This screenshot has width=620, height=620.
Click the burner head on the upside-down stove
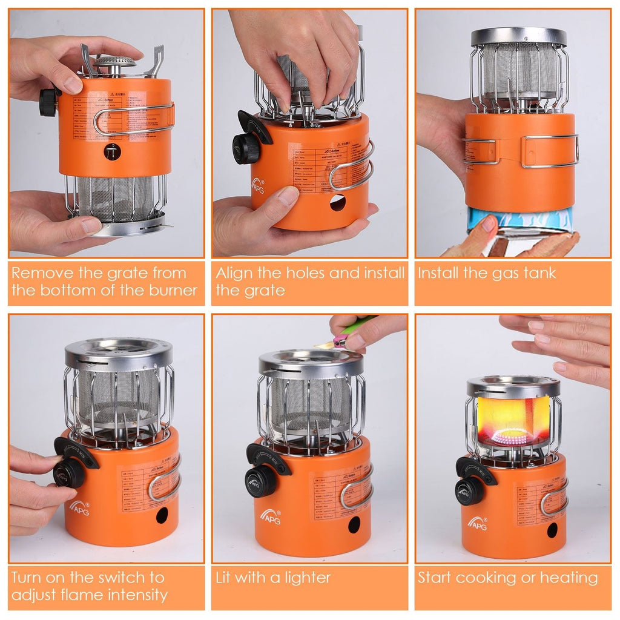(x=114, y=63)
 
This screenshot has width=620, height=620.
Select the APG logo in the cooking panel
(x=477, y=522)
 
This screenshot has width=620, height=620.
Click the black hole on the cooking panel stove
(x=552, y=530)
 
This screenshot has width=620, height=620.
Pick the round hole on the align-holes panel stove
(x=337, y=203)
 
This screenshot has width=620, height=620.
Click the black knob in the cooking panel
(x=469, y=491)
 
